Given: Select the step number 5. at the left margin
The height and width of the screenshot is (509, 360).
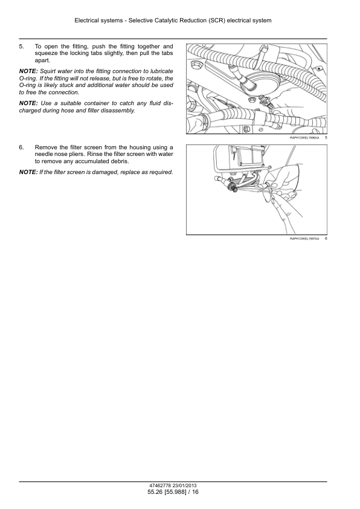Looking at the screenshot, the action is (x=21, y=47).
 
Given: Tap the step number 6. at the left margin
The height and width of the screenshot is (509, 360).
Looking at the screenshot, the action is (x=21, y=148).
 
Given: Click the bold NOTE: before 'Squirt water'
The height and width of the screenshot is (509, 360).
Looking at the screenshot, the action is (x=28, y=71).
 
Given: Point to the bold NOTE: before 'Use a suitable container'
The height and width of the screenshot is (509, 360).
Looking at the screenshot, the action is (x=28, y=103).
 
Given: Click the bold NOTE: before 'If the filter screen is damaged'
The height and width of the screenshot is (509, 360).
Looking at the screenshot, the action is (x=28, y=172).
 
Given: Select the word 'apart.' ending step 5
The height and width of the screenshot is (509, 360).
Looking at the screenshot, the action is (x=42, y=60).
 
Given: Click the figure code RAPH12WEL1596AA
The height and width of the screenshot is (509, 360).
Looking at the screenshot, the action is (x=304, y=138).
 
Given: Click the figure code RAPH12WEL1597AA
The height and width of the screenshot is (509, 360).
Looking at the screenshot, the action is (x=304, y=239).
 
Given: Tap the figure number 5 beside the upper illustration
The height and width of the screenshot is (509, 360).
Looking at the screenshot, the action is (x=326, y=138).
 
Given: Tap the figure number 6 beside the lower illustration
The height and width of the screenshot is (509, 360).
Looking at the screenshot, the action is (x=326, y=239).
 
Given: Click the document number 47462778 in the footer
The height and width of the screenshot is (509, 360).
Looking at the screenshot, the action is (x=160, y=486).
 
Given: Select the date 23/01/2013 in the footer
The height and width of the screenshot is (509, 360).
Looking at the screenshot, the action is (x=185, y=486).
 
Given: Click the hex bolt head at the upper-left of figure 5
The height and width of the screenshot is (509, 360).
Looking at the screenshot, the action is (x=196, y=63).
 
